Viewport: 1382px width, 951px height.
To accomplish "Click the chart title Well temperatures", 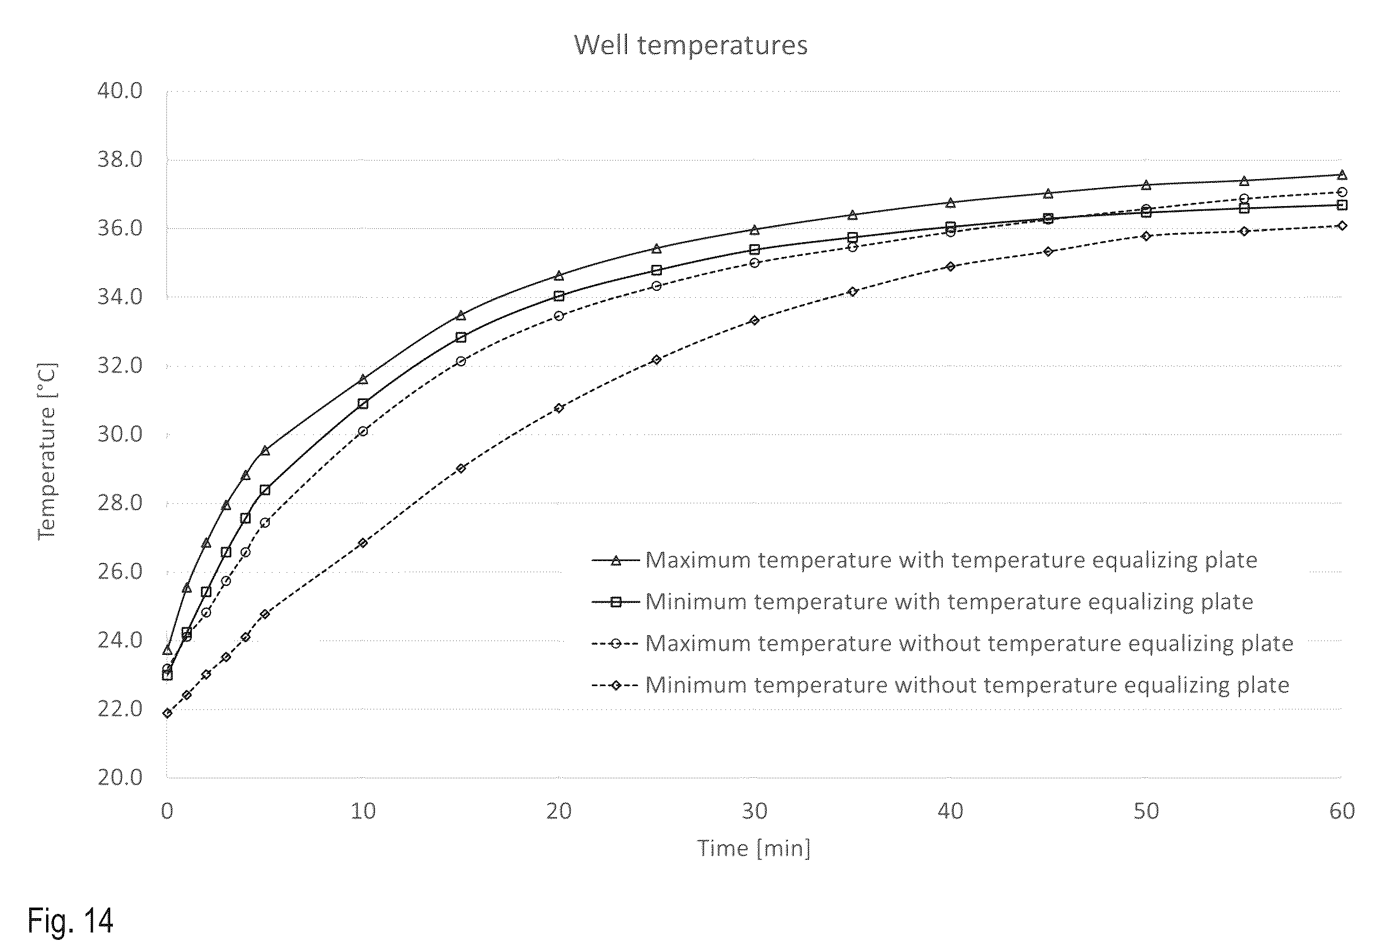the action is (x=690, y=45).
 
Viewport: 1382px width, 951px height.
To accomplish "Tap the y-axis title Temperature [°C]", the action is (x=47, y=451).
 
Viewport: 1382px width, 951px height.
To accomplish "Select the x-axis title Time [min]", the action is (x=754, y=848).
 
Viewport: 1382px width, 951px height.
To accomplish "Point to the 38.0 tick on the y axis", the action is (x=120, y=159).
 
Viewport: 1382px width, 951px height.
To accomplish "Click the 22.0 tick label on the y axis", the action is (x=120, y=709).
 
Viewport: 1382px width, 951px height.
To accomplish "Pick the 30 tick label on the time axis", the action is (x=755, y=811).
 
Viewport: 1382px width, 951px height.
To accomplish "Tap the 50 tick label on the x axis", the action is (x=1146, y=811).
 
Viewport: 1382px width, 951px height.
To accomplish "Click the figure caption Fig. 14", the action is (x=70, y=921).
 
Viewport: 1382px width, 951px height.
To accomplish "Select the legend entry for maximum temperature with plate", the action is (x=924, y=560).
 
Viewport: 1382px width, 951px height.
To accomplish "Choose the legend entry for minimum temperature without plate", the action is (x=941, y=685).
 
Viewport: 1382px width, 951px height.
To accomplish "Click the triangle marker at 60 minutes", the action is (x=1342, y=175).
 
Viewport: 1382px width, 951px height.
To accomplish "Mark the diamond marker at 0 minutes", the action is (x=167, y=713).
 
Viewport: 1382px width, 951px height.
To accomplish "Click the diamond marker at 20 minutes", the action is (x=559, y=408).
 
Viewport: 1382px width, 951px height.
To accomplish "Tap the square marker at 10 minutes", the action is (x=363, y=403).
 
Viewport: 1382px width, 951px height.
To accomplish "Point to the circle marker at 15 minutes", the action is (x=460, y=361).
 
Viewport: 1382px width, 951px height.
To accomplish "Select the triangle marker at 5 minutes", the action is (x=265, y=450).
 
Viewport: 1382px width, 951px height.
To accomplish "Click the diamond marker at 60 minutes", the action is (x=1342, y=226).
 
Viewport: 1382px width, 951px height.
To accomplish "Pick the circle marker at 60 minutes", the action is (x=1342, y=192).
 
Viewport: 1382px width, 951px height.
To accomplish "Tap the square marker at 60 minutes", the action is (x=1342, y=205).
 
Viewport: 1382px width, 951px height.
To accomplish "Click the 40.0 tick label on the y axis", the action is (x=120, y=91).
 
